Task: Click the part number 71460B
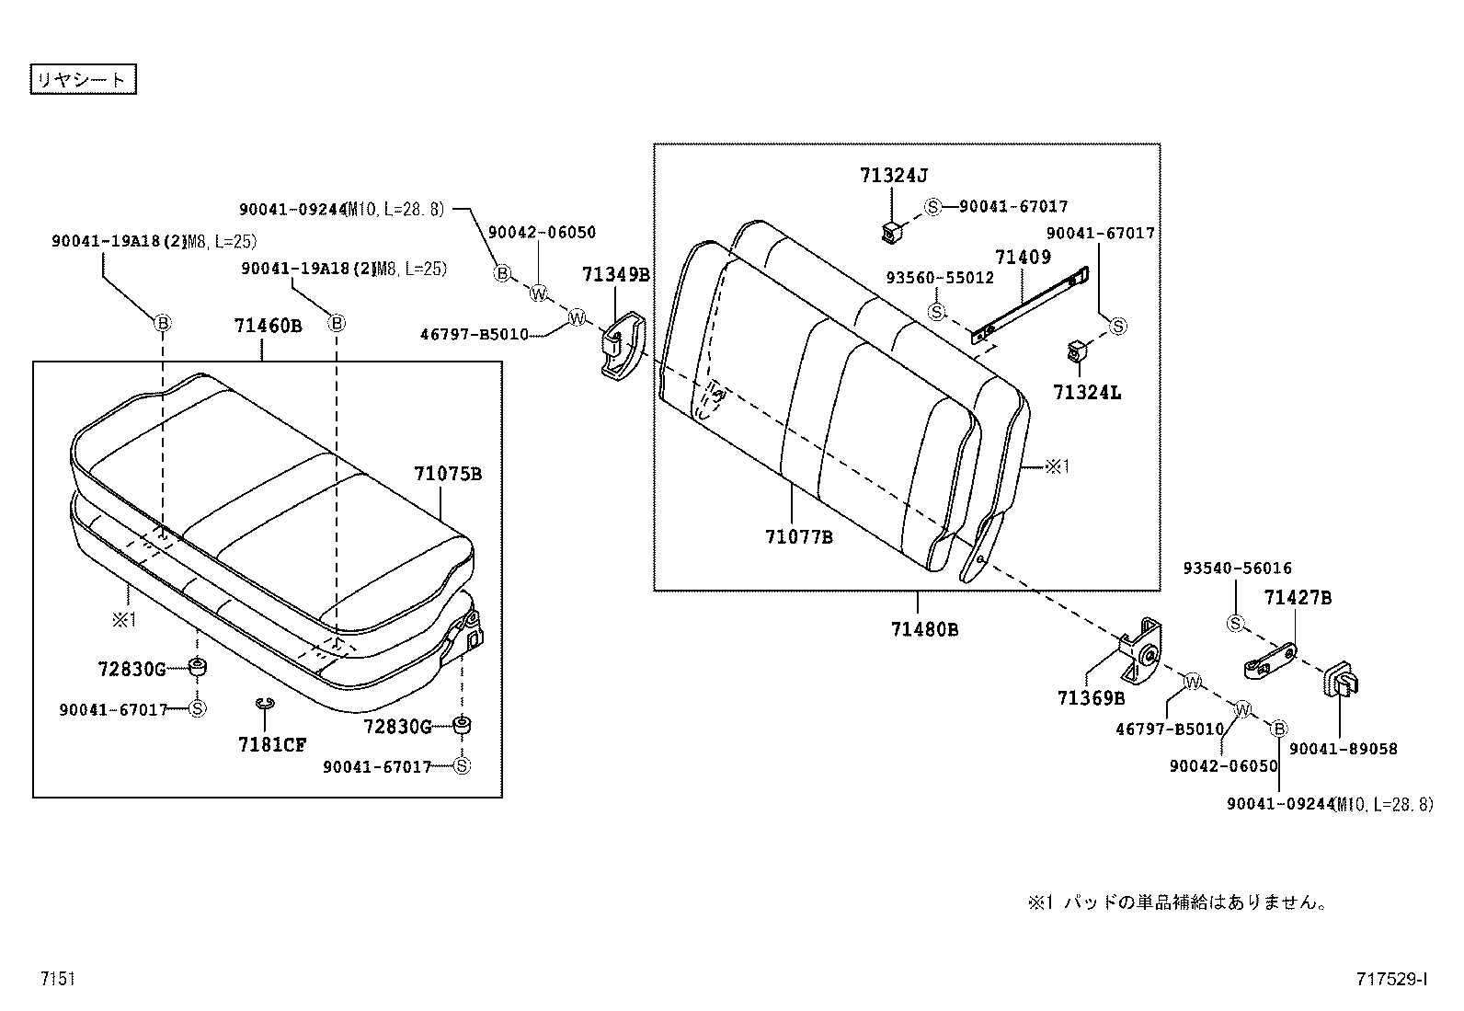click(267, 325)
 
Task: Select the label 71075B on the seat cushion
click(447, 475)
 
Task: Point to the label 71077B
click(798, 536)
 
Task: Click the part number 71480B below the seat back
click(923, 629)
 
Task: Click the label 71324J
click(893, 174)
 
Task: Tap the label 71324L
click(1087, 393)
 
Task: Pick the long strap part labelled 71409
click(1030, 304)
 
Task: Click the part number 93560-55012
click(939, 277)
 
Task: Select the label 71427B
click(1297, 598)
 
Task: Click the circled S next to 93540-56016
click(1235, 624)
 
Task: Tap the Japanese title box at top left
click(83, 79)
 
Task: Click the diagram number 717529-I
click(1390, 980)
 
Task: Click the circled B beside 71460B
click(337, 323)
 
